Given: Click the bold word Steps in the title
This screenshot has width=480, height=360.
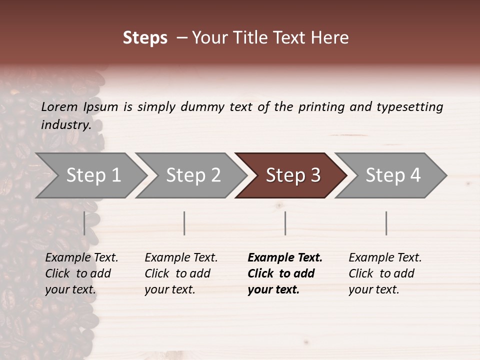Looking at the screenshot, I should [145, 38].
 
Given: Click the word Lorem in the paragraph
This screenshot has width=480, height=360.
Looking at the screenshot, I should [59, 107].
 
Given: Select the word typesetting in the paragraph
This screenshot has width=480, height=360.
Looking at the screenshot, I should [409, 107].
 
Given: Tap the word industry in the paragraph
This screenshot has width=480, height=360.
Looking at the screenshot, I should [66, 125].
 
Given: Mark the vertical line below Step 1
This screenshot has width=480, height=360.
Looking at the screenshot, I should [84, 223].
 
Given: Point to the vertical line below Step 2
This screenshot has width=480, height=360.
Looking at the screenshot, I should [184, 223].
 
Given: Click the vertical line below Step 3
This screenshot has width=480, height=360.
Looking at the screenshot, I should [285, 223].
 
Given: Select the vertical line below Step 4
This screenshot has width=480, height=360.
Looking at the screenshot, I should [386, 223].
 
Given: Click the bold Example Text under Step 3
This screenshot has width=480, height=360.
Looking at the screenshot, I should [285, 258].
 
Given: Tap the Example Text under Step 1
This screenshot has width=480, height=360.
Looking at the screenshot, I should [81, 258].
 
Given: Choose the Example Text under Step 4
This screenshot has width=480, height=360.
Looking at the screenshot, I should [385, 258].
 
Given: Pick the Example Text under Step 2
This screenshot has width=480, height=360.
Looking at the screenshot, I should [181, 258].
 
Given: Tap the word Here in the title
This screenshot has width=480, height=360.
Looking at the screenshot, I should [329, 38].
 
